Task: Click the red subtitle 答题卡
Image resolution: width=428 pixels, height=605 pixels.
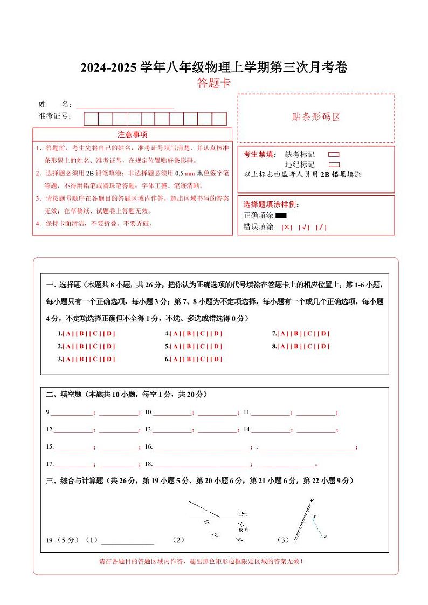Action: tap(214, 83)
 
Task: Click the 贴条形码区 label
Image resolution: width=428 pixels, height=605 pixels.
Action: tap(316, 117)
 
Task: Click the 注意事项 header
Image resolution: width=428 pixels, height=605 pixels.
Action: tap(132, 134)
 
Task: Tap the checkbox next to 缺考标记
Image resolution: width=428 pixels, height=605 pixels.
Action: tap(334, 155)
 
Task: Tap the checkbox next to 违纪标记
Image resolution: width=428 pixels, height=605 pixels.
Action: tap(334, 164)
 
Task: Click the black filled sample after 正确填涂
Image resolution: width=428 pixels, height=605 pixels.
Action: tap(281, 216)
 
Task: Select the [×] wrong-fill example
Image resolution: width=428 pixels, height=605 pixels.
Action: tap(287, 228)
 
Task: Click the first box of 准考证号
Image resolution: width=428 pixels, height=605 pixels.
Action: tap(91, 119)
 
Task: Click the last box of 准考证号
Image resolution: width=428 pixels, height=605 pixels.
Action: tap(219, 119)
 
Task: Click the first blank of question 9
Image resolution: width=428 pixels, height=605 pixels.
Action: tap(72, 413)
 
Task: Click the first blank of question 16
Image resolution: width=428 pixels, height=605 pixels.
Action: tap(202, 447)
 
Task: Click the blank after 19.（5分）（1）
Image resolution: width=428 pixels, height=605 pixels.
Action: tap(127, 540)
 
